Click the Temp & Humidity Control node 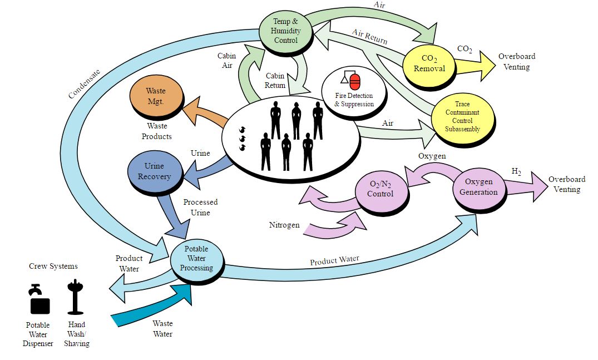(x=286, y=31)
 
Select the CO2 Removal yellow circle (x=429, y=63)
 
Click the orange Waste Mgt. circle (x=156, y=96)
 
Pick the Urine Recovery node (x=154, y=171)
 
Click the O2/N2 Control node (x=380, y=189)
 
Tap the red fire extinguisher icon (x=355, y=81)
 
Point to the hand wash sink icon (x=75, y=297)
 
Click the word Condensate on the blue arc (x=85, y=84)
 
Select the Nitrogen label (x=284, y=225)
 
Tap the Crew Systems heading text (x=53, y=266)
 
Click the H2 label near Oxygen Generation (x=516, y=171)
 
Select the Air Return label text (x=369, y=37)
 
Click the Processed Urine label (x=200, y=207)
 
